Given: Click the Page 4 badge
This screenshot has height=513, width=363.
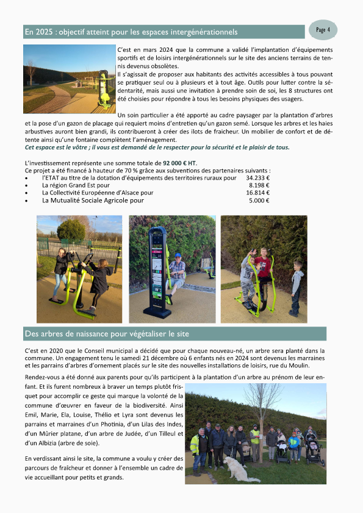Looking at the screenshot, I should click(x=323, y=29).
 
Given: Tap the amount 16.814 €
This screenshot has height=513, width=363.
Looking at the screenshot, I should click(x=257, y=193).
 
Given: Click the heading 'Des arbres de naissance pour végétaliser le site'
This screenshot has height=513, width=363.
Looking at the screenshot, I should click(x=107, y=334).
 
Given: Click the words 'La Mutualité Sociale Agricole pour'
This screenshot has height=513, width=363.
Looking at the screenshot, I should click(x=93, y=200).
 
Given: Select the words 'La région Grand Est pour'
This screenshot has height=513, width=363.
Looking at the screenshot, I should click(x=76, y=185).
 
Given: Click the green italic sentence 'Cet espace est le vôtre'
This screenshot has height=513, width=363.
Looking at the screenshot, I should click(x=157, y=147).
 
